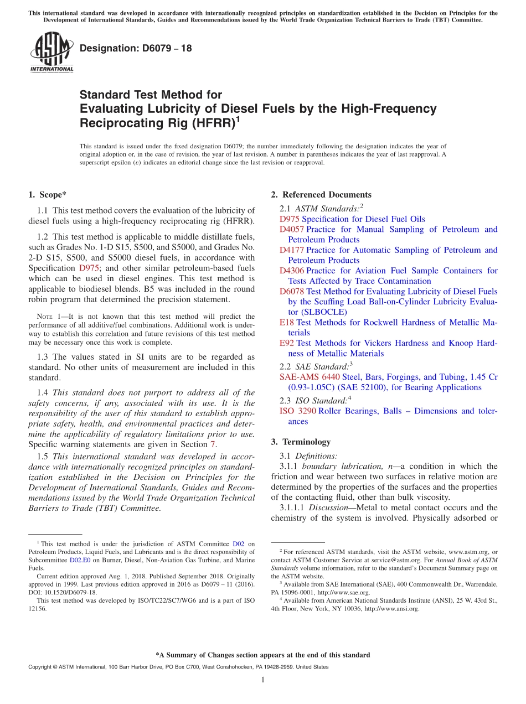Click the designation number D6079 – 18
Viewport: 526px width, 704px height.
136,48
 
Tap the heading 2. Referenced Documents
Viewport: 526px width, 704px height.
321,194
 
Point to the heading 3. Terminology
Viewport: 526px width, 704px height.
301,442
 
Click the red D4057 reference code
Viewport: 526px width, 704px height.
291,229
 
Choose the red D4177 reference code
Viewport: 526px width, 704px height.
291,250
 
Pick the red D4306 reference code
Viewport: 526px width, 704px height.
291,271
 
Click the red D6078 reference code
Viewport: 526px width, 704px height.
291,291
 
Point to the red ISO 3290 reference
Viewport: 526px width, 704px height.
297,411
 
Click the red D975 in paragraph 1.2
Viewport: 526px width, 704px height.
89,268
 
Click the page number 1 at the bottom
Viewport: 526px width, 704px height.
263,680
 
